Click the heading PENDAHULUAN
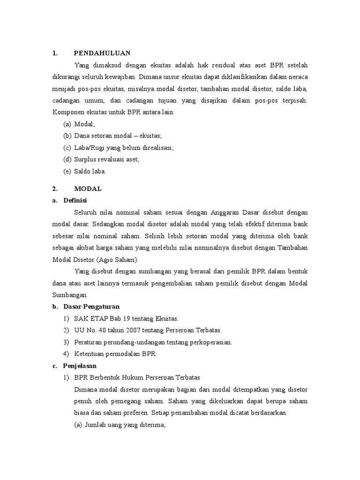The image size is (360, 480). (x=102, y=53)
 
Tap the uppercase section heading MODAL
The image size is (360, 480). (x=88, y=189)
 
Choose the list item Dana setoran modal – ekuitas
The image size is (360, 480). (x=118, y=136)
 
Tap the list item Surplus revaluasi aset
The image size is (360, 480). (x=107, y=159)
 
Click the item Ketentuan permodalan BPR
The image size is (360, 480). (x=115, y=354)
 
